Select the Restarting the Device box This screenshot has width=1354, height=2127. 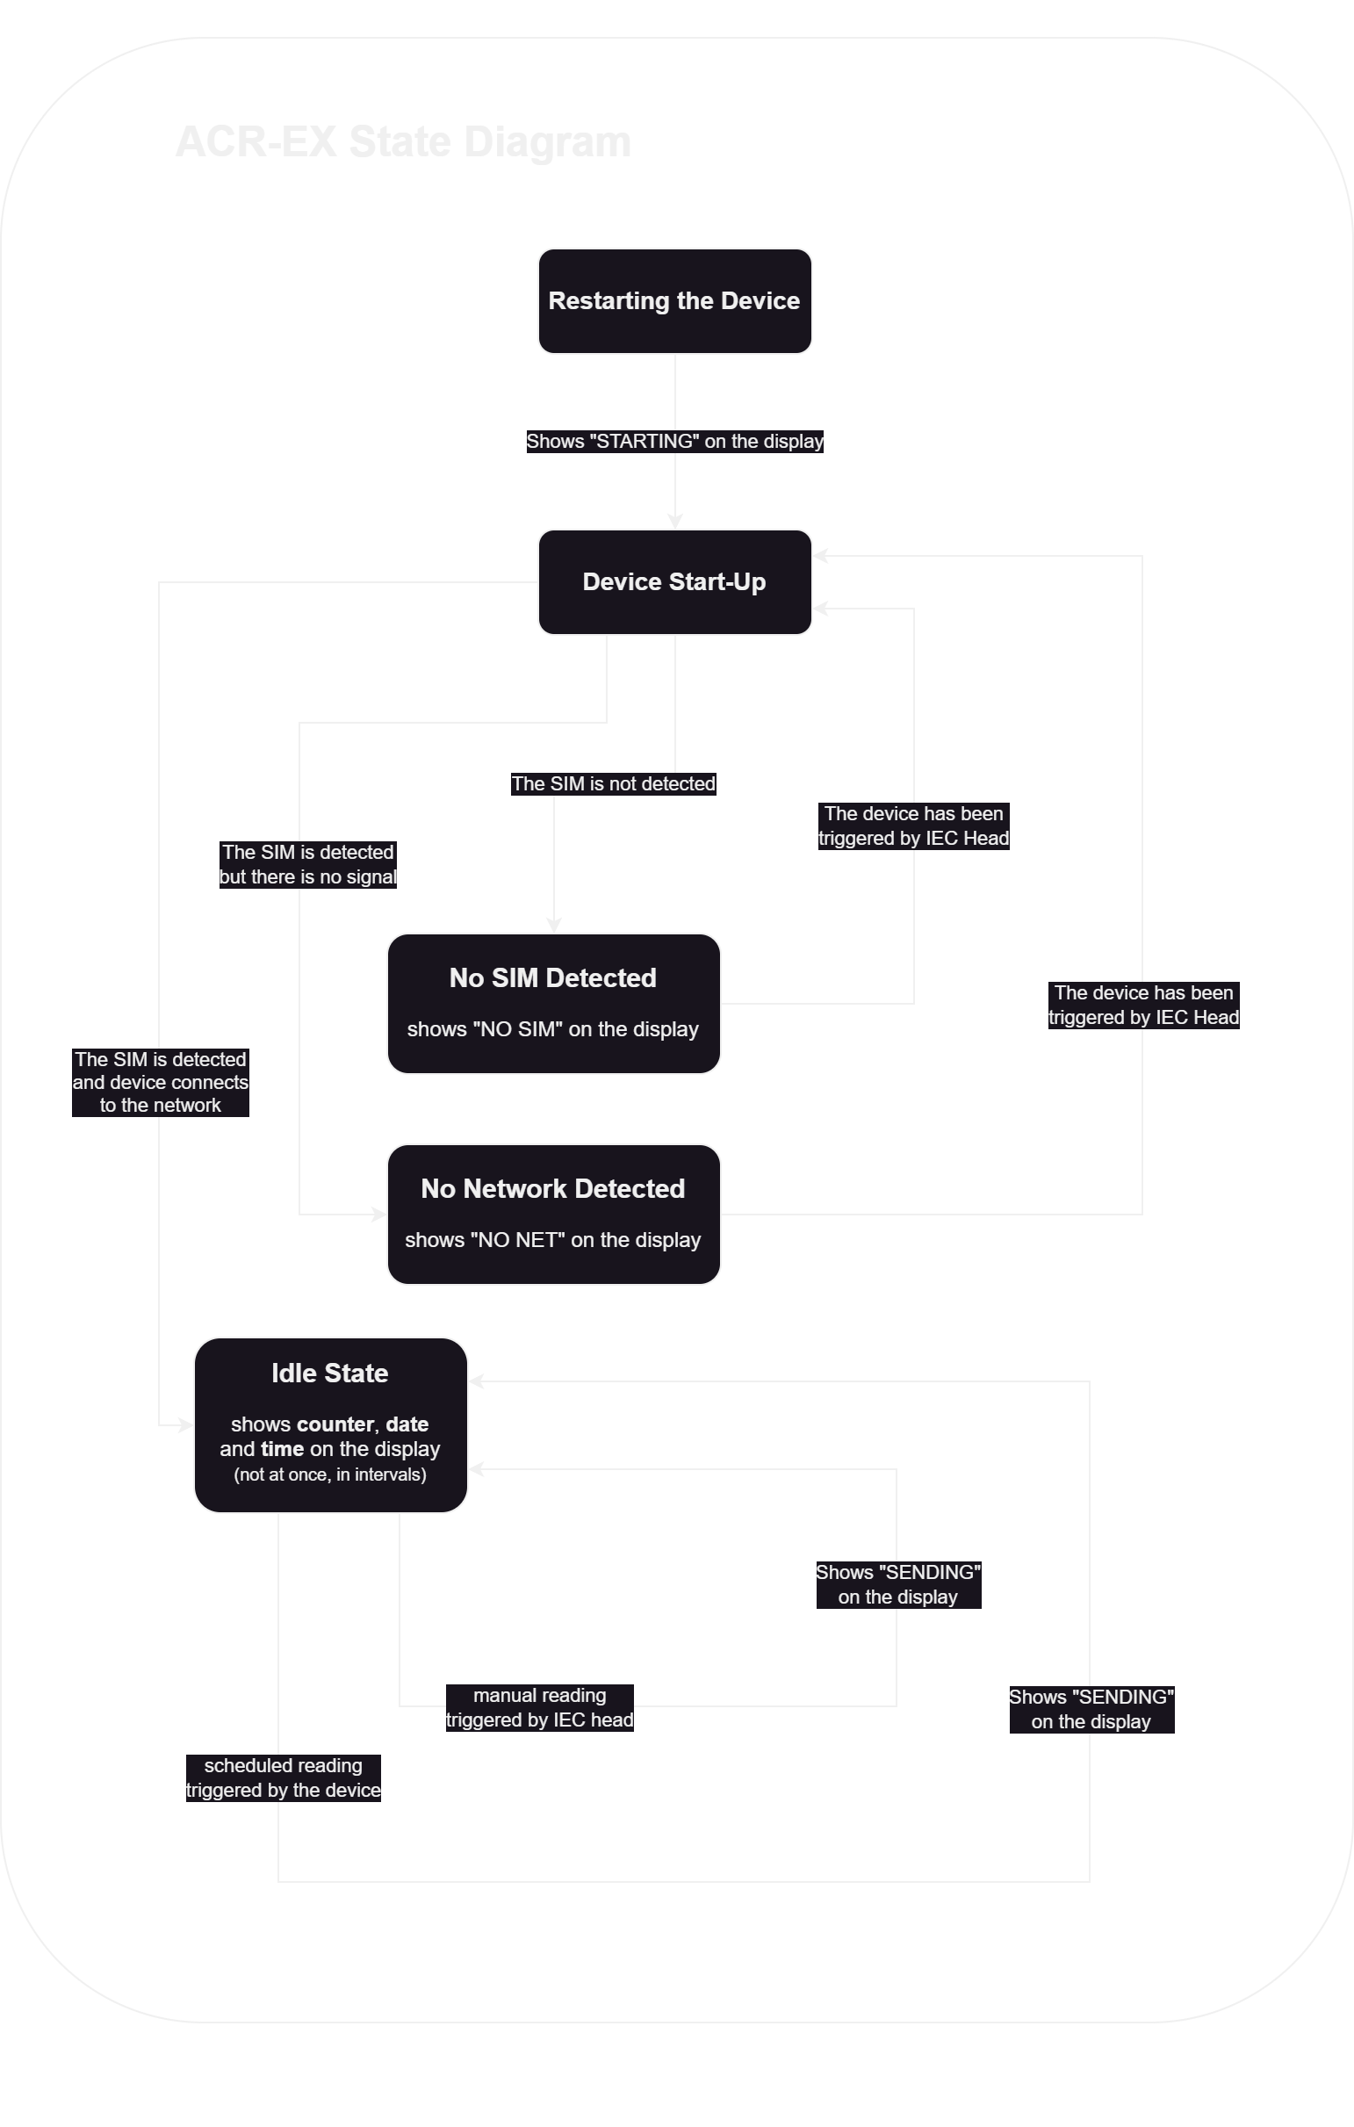[x=673, y=301]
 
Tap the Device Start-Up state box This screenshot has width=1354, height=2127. [x=673, y=582]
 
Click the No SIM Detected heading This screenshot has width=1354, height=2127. [x=553, y=977]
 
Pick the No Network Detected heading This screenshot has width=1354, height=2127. [x=553, y=1189]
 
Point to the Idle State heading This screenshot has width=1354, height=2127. [x=329, y=1374]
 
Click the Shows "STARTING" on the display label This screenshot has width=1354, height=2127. [x=674, y=442]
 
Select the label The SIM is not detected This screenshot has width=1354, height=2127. [x=613, y=784]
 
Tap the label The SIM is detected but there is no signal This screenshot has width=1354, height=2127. [x=307, y=865]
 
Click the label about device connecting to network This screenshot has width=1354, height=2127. [x=160, y=1082]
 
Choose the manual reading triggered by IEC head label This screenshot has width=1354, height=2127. [x=540, y=1707]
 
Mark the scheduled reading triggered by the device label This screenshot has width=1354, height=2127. [x=283, y=1778]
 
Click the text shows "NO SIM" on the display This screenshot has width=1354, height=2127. [x=553, y=1030]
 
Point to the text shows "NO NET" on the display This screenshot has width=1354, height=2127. [x=553, y=1240]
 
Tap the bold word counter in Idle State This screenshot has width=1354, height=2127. [x=335, y=1424]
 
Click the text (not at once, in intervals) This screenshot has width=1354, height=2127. [x=329, y=1474]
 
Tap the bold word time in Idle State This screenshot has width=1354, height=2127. [x=282, y=1450]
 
